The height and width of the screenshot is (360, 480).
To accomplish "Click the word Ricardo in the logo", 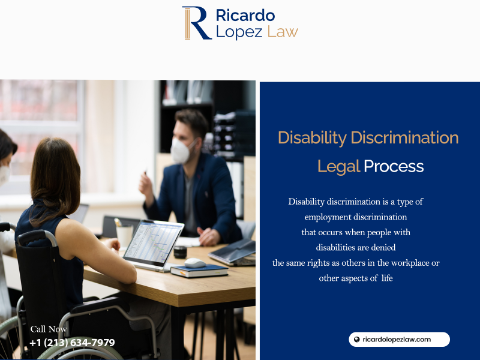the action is click(x=245, y=16).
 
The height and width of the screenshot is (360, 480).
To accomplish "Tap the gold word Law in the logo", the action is click(x=283, y=31).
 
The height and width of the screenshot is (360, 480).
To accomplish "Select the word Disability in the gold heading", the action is click(x=312, y=138).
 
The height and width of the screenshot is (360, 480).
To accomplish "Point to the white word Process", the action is click(x=394, y=166).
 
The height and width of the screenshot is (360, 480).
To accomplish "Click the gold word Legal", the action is click(x=338, y=167).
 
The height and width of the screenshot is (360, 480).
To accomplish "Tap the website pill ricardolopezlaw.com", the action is click(x=399, y=340).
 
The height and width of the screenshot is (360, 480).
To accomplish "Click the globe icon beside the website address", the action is click(x=356, y=340).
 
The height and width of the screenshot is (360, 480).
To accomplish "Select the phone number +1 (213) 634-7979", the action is click(x=72, y=343).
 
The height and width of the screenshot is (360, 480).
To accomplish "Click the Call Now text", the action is click(x=49, y=329).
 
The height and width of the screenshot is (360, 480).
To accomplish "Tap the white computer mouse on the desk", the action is click(x=195, y=263).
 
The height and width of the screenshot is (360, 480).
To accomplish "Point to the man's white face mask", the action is click(x=182, y=151).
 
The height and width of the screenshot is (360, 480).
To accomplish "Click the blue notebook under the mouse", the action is click(x=199, y=271).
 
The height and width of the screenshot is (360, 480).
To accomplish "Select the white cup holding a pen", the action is click(x=125, y=235).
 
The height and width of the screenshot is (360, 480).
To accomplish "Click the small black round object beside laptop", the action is click(x=181, y=252).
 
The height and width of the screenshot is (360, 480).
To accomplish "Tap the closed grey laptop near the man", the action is click(x=232, y=253).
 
